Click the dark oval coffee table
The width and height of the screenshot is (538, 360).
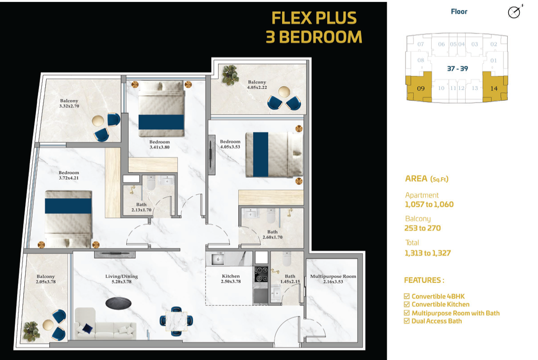[118, 303]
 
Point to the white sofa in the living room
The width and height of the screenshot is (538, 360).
[104, 325]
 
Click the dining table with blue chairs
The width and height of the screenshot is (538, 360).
[176, 321]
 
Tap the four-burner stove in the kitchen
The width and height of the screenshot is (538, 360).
[261, 274]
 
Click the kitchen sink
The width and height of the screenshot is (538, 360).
[218, 259]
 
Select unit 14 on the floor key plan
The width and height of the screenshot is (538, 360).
[495, 88]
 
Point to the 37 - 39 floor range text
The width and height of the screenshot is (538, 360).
[457, 69]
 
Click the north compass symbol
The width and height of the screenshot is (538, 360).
[515, 12]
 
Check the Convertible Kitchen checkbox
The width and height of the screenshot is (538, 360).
[407, 305]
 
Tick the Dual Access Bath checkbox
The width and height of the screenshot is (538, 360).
[407, 321]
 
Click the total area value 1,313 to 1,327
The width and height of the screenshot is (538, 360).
[428, 253]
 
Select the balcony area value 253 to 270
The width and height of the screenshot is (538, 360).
[422, 228]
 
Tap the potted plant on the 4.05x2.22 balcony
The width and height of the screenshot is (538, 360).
[230, 75]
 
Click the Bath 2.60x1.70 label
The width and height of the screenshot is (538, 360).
[272, 235]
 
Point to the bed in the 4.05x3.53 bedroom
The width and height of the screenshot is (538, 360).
[274, 155]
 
